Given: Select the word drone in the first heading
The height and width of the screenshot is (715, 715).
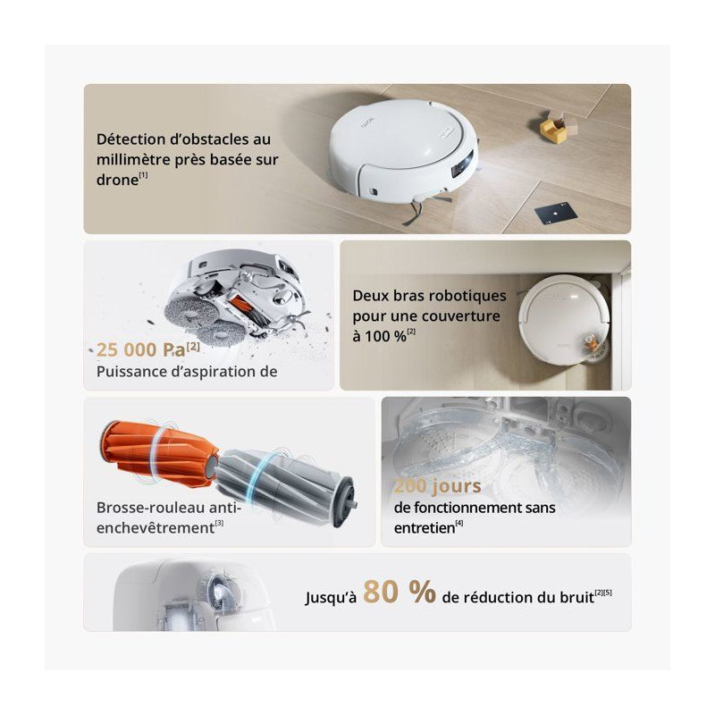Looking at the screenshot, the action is tap(117, 181).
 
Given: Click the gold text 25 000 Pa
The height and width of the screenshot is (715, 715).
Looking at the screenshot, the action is tap(141, 350).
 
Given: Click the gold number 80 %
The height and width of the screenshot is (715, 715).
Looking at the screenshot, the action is tap(400, 592).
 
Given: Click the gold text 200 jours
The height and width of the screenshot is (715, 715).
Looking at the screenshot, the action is tap(438, 485).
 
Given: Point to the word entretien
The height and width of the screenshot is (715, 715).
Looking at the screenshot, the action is tap(425, 528).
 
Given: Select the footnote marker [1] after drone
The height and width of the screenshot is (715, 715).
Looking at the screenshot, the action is tap(143, 175).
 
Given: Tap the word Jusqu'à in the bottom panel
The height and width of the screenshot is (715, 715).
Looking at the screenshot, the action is tap(331, 597).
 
